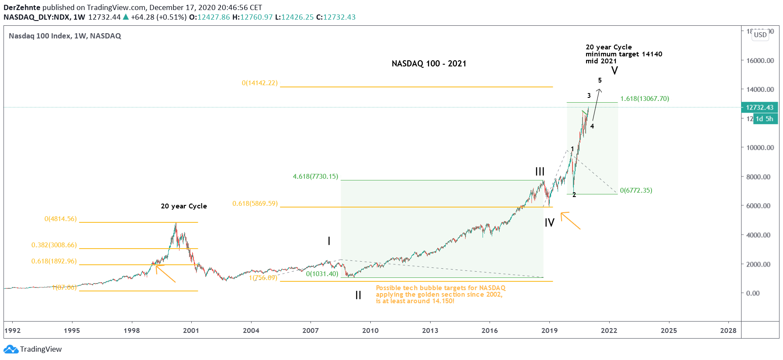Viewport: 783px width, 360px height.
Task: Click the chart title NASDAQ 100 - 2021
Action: click(429, 64)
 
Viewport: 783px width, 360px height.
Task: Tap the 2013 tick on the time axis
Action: click(430, 330)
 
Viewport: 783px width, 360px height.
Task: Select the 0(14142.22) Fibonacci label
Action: click(259, 83)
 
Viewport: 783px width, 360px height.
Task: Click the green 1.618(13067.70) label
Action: click(645, 99)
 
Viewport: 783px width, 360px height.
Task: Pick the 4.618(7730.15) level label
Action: click(315, 177)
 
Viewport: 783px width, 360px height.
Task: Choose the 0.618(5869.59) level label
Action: click(255, 204)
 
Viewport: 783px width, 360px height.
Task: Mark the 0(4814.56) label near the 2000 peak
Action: click(60, 219)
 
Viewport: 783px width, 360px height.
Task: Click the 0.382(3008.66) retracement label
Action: click(54, 245)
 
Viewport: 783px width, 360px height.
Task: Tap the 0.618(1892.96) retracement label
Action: click(54, 261)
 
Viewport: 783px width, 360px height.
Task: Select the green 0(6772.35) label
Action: click(636, 190)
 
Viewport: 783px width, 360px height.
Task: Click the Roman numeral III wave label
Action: click(540, 172)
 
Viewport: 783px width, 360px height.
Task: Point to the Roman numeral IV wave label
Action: click(549, 223)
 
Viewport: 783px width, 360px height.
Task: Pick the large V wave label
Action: click(614, 71)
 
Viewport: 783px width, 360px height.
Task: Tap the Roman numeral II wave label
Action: click(358, 295)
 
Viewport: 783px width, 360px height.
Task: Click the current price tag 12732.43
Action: click(759, 107)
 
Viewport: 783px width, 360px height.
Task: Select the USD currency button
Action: click(760, 35)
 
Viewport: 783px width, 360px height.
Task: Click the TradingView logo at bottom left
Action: click(33, 349)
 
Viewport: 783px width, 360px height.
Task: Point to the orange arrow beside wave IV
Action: click(570, 220)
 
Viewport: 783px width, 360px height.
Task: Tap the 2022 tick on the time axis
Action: click(609, 330)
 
